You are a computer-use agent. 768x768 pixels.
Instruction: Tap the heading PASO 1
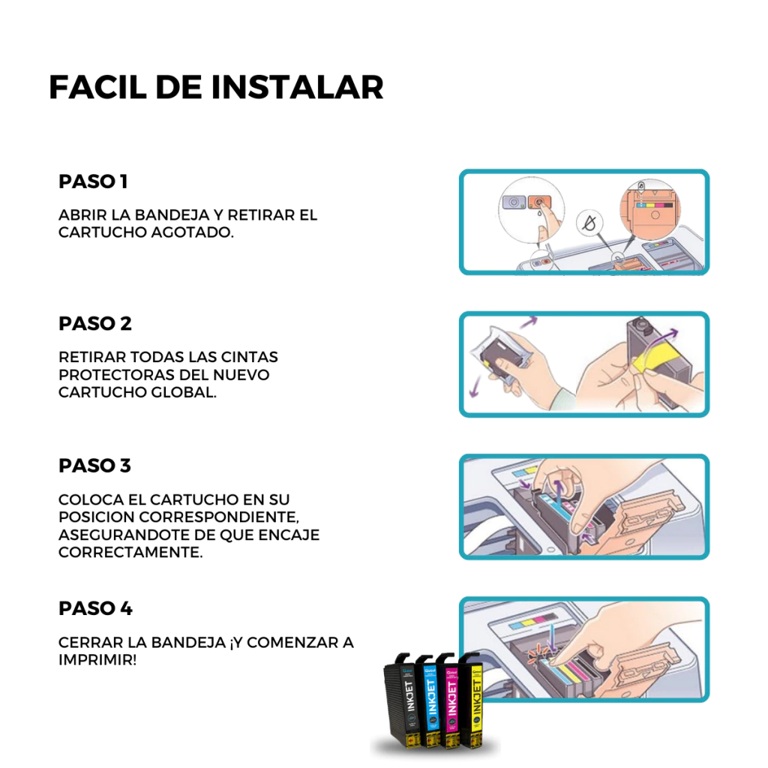(93, 181)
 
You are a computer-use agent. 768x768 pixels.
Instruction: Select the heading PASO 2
(95, 324)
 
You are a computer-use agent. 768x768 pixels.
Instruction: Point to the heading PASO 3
(95, 466)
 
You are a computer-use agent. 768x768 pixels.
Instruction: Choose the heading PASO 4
(95, 608)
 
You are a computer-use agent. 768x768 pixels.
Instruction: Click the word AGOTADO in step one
(192, 232)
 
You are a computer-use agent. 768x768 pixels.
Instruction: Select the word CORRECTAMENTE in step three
(130, 553)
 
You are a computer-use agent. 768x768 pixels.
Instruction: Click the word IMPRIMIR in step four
(97, 660)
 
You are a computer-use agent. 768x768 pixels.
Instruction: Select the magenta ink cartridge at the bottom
(450, 701)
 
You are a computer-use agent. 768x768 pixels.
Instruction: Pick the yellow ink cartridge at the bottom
(472, 701)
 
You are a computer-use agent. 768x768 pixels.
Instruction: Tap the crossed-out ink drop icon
(589, 223)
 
